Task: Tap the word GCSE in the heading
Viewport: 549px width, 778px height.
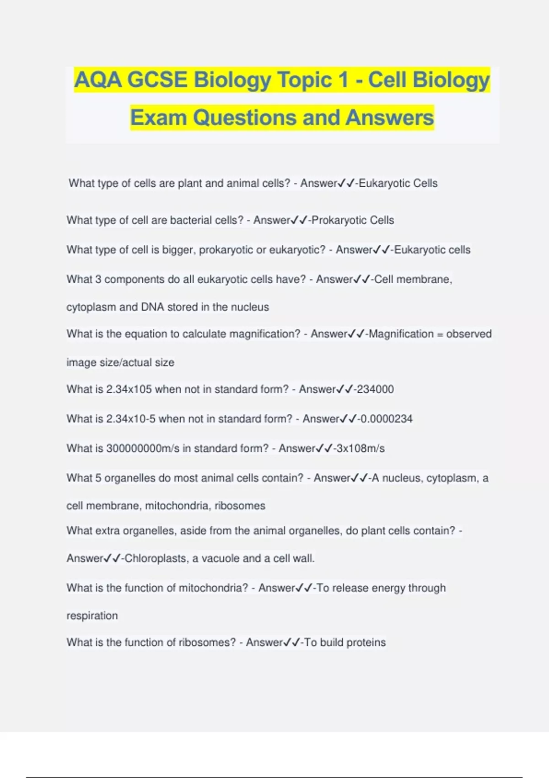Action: tap(157, 80)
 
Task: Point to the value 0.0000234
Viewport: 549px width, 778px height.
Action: tap(387, 419)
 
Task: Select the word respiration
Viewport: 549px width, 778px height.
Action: tap(92, 616)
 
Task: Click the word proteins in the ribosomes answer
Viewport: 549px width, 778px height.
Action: tap(366, 643)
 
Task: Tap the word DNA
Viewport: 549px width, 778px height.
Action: tap(152, 307)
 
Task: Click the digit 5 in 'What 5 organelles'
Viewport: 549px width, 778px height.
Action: tap(98, 478)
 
